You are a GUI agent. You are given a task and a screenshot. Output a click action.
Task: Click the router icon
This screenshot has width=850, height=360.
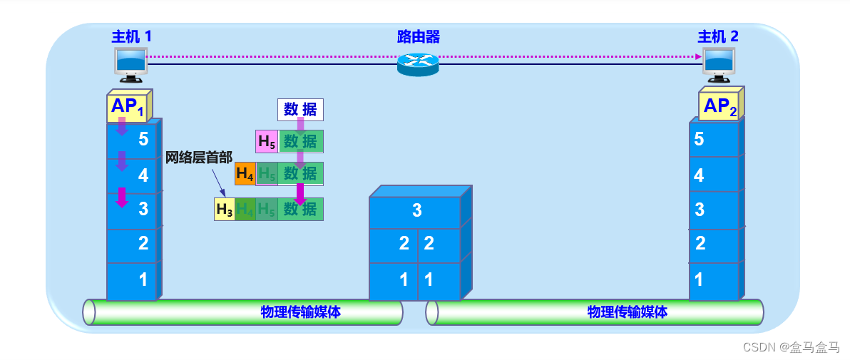418,64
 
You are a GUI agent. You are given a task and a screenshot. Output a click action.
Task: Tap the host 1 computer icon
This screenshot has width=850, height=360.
131,63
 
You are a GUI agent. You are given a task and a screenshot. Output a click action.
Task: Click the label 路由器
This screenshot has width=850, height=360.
418,36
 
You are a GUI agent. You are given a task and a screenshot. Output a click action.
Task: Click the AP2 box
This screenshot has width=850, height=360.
719,107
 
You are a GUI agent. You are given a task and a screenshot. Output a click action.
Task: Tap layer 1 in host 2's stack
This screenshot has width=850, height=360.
714,280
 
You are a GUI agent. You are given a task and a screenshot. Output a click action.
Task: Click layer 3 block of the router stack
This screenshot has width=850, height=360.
415,211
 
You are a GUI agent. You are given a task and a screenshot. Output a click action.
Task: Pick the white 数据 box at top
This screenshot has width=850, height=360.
300,110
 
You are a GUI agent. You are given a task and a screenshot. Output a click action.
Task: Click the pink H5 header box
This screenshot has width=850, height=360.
267,142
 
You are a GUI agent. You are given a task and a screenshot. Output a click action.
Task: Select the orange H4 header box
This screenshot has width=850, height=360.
245,173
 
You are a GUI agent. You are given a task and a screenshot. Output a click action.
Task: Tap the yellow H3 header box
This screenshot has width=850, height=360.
225,210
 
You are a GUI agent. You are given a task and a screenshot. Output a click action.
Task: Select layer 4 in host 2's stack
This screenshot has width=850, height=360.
714,175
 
